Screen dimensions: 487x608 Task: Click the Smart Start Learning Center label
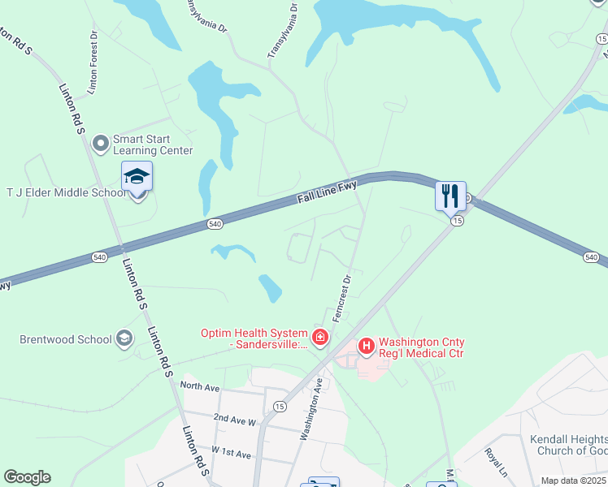[153, 144]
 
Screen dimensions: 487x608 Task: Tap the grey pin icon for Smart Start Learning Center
[102, 144]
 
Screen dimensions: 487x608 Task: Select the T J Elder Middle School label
[67, 192]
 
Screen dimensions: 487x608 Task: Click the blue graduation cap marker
[137, 177]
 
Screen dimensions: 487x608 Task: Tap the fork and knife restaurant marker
[450, 196]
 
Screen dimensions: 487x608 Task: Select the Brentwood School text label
[66, 338]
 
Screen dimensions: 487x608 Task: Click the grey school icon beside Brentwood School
[124, 338]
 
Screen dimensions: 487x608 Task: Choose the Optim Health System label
[254, 338]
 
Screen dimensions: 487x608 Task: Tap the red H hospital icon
[366, 347]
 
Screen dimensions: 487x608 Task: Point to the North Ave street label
[200, 386]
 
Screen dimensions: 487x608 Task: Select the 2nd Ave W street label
[235, 420]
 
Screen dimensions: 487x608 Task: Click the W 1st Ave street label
[231, 451]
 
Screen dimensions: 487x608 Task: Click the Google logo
[27, 477]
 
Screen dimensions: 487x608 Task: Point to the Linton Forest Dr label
[93, 62]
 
